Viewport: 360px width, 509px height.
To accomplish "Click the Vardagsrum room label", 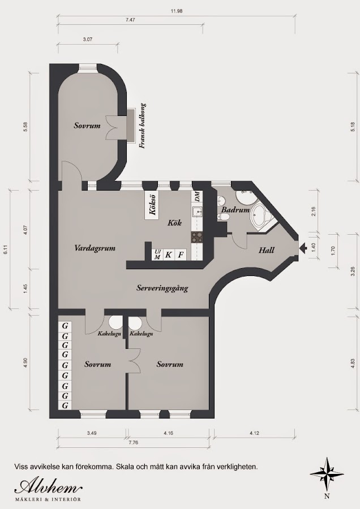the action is pyautogui.click(x=95, y=248).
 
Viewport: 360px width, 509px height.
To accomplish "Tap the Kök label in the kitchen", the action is pyautogui.click(x=174, y=223).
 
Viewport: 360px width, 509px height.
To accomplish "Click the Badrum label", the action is pyautogui.click(x=235, y=210).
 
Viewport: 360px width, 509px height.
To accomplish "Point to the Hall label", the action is pyautogui.click(x=267, y=251).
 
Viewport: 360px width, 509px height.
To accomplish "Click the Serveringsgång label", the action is pyautogui.click(x=162, y=288).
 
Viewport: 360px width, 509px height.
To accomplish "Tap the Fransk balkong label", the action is pyautogui.click(x=142, y=126).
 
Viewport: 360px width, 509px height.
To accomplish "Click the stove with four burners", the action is pyautogui.click(x=196, y=237).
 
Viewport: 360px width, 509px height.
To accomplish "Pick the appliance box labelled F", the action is pyautogui.click(x=181, y=255).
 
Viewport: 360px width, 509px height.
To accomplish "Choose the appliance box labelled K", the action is pyautogui.click(x=169, y=255).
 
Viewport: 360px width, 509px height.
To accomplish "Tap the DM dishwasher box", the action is pyautogui.click(x=196, y=197).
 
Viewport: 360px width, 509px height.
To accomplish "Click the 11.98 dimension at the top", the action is pyautogui.click(x=177, y=11).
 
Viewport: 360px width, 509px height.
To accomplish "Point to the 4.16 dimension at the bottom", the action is pyautogui.click(x=168, y=433).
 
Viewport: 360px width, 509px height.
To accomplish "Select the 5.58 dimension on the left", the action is pyautogui.click(x=25, y=127).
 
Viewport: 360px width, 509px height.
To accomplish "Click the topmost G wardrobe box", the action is pyautogui.click(x=65, y=326).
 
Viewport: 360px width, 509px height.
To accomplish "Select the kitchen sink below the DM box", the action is pyautogui.click(x=196, y=212).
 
